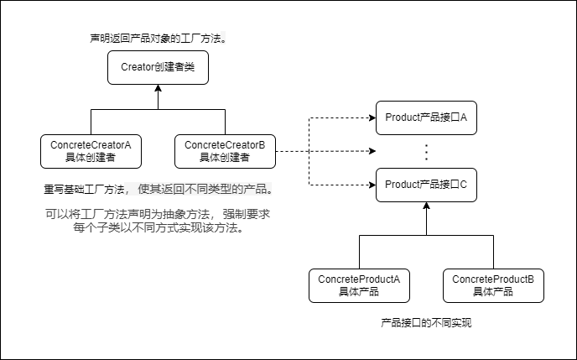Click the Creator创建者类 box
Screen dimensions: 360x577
[158, 67]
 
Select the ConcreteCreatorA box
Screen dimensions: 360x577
[91, 151]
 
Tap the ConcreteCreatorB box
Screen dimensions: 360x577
[225, 151]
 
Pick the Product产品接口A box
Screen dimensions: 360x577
[426, 117]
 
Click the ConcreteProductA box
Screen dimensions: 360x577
[359, 285]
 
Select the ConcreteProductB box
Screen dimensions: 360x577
[493, 285]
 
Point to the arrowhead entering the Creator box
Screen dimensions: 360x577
[158, 88]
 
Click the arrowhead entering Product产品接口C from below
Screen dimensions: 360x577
[426, 206]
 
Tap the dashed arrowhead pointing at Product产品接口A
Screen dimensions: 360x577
[372, 117]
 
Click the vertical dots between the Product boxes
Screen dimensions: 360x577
[426, 152]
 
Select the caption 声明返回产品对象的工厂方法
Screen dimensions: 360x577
[159, 39]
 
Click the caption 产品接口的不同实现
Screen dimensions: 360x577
[426, 322]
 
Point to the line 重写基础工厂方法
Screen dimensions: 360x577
[158, 189]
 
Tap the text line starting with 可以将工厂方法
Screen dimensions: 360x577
[158, 214]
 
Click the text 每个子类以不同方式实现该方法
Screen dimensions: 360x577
[158, 227]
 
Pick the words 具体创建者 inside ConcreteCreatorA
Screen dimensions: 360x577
[91, 158]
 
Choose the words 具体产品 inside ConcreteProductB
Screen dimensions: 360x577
[493, 292]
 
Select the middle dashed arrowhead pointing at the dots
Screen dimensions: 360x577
[372, 151]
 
